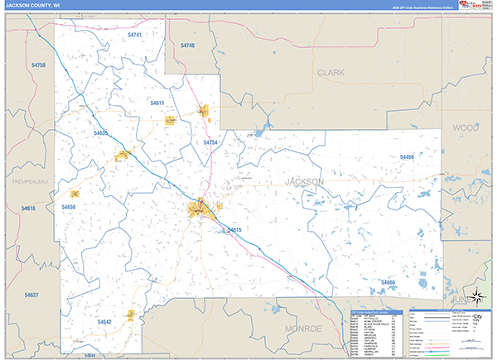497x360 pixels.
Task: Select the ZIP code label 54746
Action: (187, 45)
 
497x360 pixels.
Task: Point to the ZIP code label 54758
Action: (37, 65)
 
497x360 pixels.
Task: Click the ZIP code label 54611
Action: (158, 103)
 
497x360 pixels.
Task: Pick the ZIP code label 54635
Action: (101, 132)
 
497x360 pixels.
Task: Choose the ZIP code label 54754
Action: (210, 142)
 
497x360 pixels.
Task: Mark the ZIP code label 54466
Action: (406, 157)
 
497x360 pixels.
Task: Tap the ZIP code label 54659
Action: (69, 207)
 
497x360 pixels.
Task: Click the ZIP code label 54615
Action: (234, 229)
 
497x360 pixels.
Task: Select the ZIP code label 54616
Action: (29, 209)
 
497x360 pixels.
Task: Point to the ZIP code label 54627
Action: (31, 295)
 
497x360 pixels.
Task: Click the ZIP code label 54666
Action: (387, 282)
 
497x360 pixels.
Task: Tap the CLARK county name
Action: (331, 73)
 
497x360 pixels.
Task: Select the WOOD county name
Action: (466, 127)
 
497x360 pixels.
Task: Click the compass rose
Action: (475, 298)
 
